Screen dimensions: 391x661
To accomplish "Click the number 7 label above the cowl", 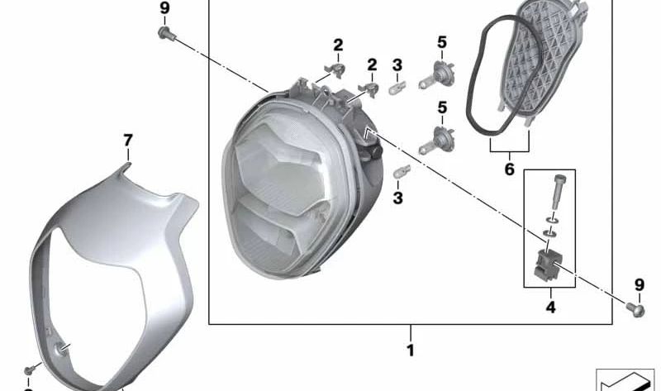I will pyautogui.click(x=127, y=141).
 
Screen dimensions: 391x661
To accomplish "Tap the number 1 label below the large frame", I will pyautogui.click(x=410, y=350).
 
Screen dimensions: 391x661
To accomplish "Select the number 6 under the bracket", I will pyautogui.click(x=509, y=169).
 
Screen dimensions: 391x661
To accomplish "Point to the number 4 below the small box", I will pyautogui.click(x=549, y=308).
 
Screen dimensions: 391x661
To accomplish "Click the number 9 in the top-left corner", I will pyautogui.click(x=164, y=8).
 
